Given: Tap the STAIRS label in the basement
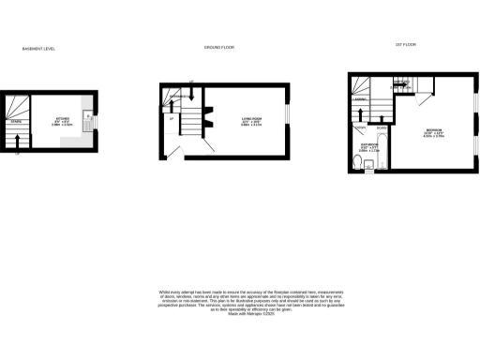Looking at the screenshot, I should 15,121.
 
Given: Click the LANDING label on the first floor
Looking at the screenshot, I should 358,98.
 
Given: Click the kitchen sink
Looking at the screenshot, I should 87,119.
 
